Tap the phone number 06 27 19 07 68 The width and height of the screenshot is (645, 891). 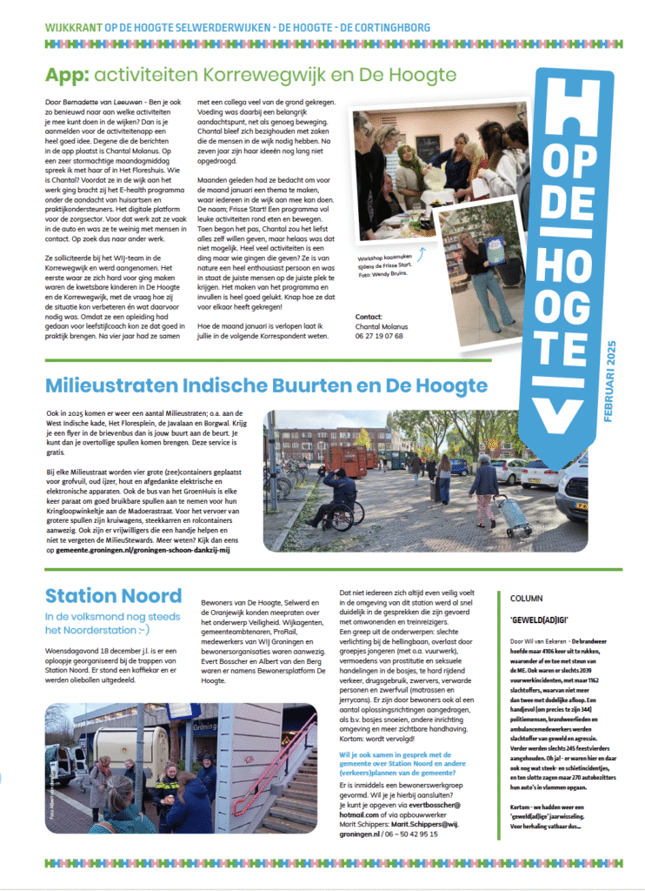[x=379, y=335]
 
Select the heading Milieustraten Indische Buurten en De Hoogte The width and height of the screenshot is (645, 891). [x=266, y=385]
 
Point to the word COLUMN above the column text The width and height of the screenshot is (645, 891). [x=527, y=599]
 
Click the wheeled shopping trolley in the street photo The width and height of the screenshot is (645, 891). [x=514, y=515]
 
